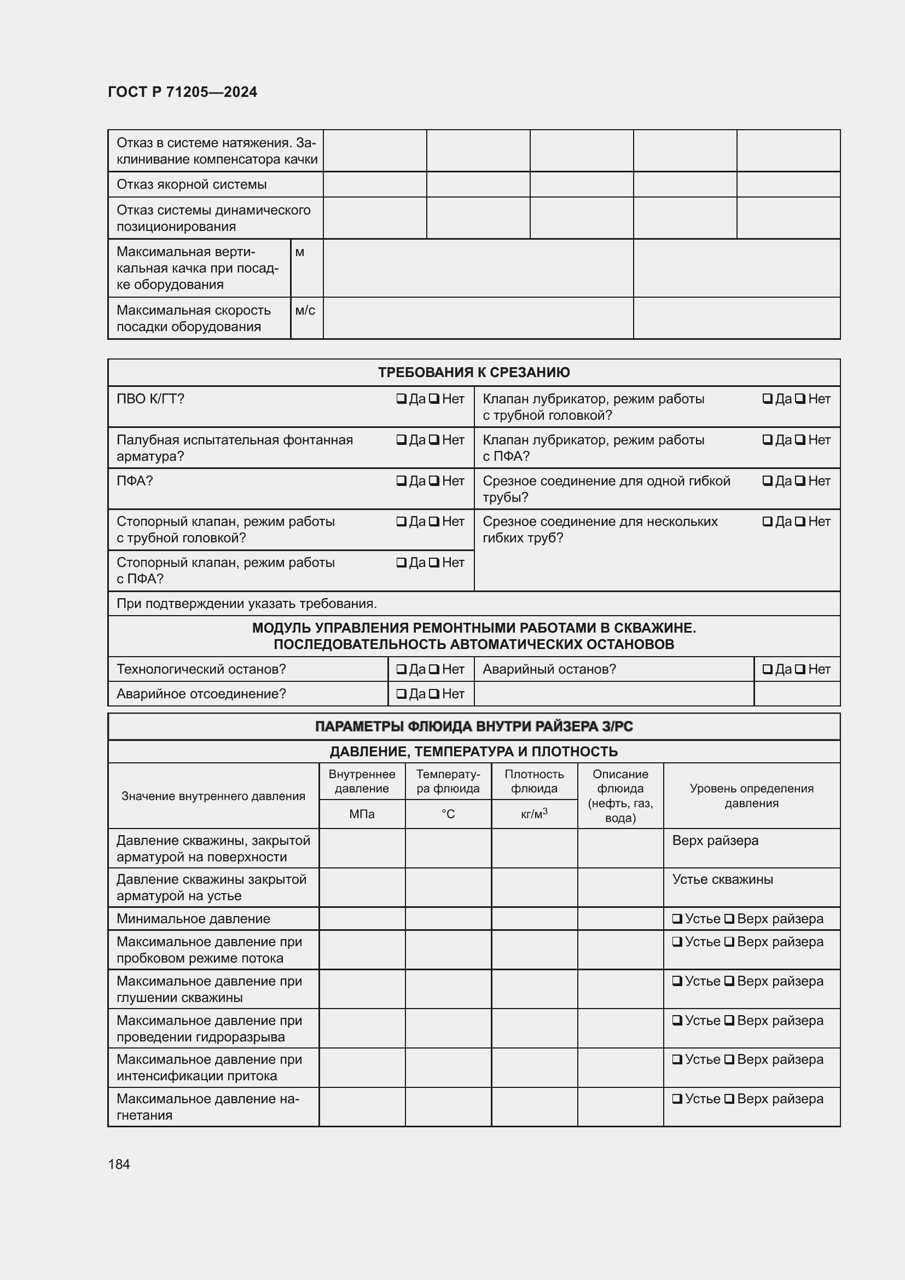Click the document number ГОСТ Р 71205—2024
[x=182, y=92]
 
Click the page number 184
[x=119, y=1164]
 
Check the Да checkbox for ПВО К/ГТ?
[x=401, y=399]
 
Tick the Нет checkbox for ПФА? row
[x=433, y=481]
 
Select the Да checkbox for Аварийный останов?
[x=767, y=669]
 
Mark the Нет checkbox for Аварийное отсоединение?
[x=433, y=694]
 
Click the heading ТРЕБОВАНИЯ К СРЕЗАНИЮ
[x=474, y=373]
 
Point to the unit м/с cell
[x=305, y=310]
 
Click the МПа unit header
[x=362, y=814]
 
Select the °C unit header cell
[x=448, y=814]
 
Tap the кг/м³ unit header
[x=534, y=814]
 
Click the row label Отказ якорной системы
[x=191, y=184]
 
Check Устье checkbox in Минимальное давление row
[x=677, y=919]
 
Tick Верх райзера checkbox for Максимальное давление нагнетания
[x=729, y=1099]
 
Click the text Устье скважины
[x=722, y=880]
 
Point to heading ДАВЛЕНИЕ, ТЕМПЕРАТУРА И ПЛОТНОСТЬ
[x=474, y=751]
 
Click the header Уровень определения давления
[x=751, y=796]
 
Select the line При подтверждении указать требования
[x=246, y=604]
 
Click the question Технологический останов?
[x=201, y=669]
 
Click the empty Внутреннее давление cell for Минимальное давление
[x=362, y=919]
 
